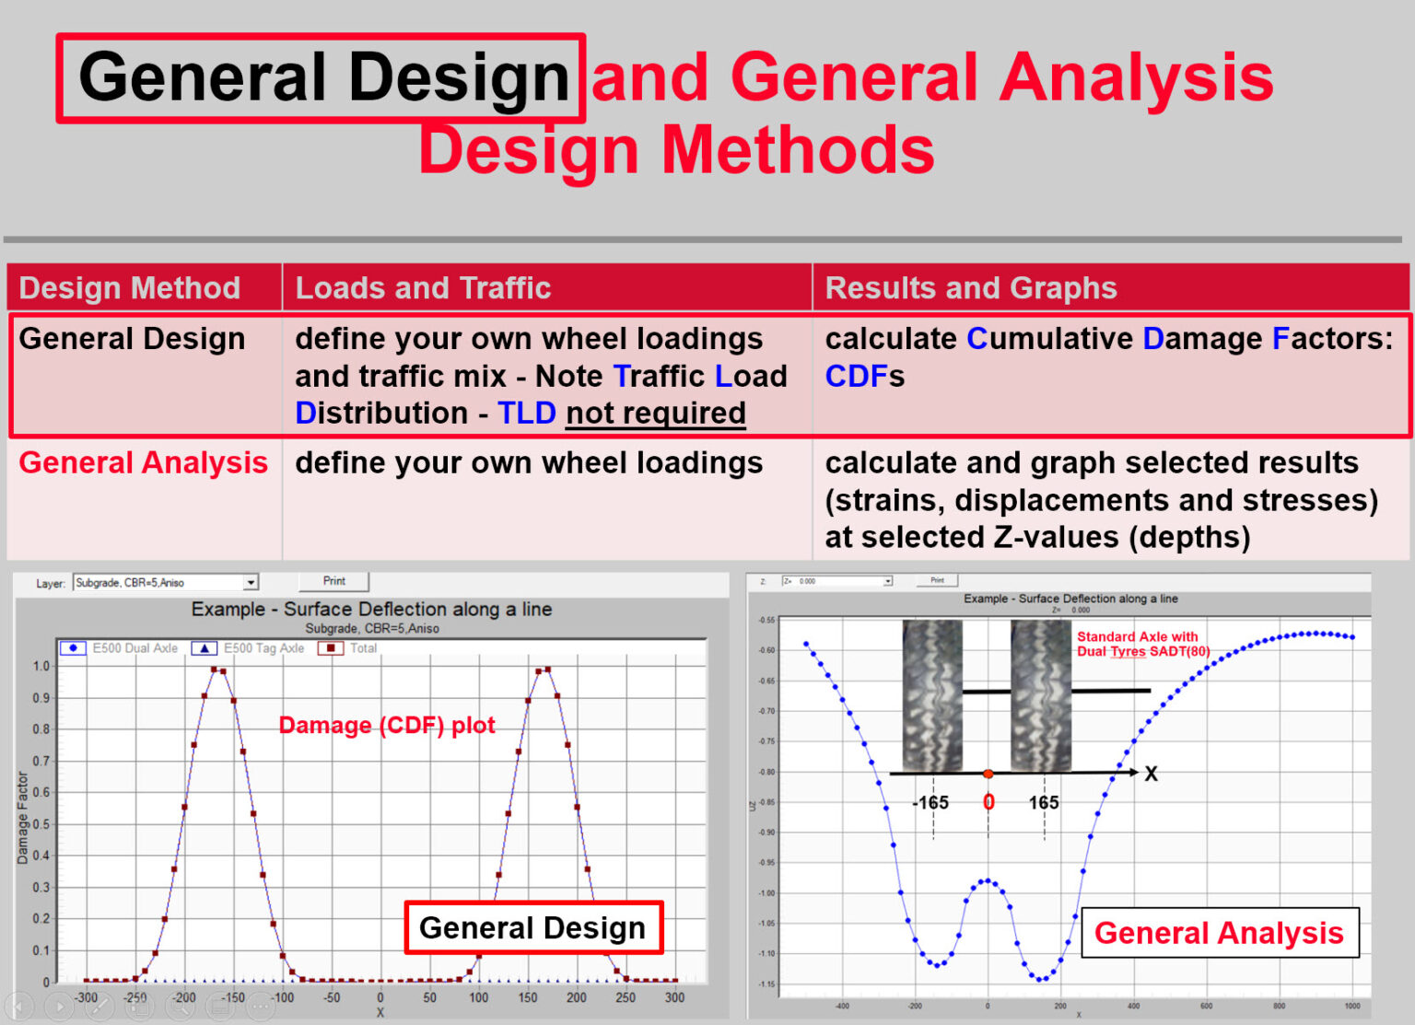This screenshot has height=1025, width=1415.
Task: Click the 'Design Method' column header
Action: click(129, 288)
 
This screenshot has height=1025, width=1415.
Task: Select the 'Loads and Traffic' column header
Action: click(423, 288)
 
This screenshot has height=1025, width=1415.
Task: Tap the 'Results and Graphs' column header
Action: click(970, 288)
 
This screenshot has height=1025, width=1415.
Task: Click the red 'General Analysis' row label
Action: click(143, 462)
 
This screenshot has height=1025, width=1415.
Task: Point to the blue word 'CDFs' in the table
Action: click(864, 377)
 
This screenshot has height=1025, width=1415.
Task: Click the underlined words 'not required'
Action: click(655, 413)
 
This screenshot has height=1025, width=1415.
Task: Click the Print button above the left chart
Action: click(333, 581)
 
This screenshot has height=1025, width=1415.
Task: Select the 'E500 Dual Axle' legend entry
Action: click(120, 648)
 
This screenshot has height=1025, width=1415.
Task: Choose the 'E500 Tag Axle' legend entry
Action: click(249, 648)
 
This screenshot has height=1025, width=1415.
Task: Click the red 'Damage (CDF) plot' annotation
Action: click(387, 726)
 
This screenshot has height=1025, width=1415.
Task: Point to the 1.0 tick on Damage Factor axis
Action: click(41, 666)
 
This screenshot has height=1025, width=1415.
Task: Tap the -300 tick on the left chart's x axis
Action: click(86, 997)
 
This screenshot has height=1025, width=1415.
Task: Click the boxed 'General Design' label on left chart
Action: click(532, 927)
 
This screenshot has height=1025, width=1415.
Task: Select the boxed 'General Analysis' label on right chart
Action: click(1218, 933)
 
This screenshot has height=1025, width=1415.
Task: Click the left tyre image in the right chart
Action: click(932, 695)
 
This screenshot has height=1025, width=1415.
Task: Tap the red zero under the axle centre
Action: click(988, 802)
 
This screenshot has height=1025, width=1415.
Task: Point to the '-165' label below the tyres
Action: click(930, 803)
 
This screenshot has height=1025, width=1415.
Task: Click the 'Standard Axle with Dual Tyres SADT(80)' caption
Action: click(1142, 644)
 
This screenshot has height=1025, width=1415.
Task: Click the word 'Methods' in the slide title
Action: click(798, 150)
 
